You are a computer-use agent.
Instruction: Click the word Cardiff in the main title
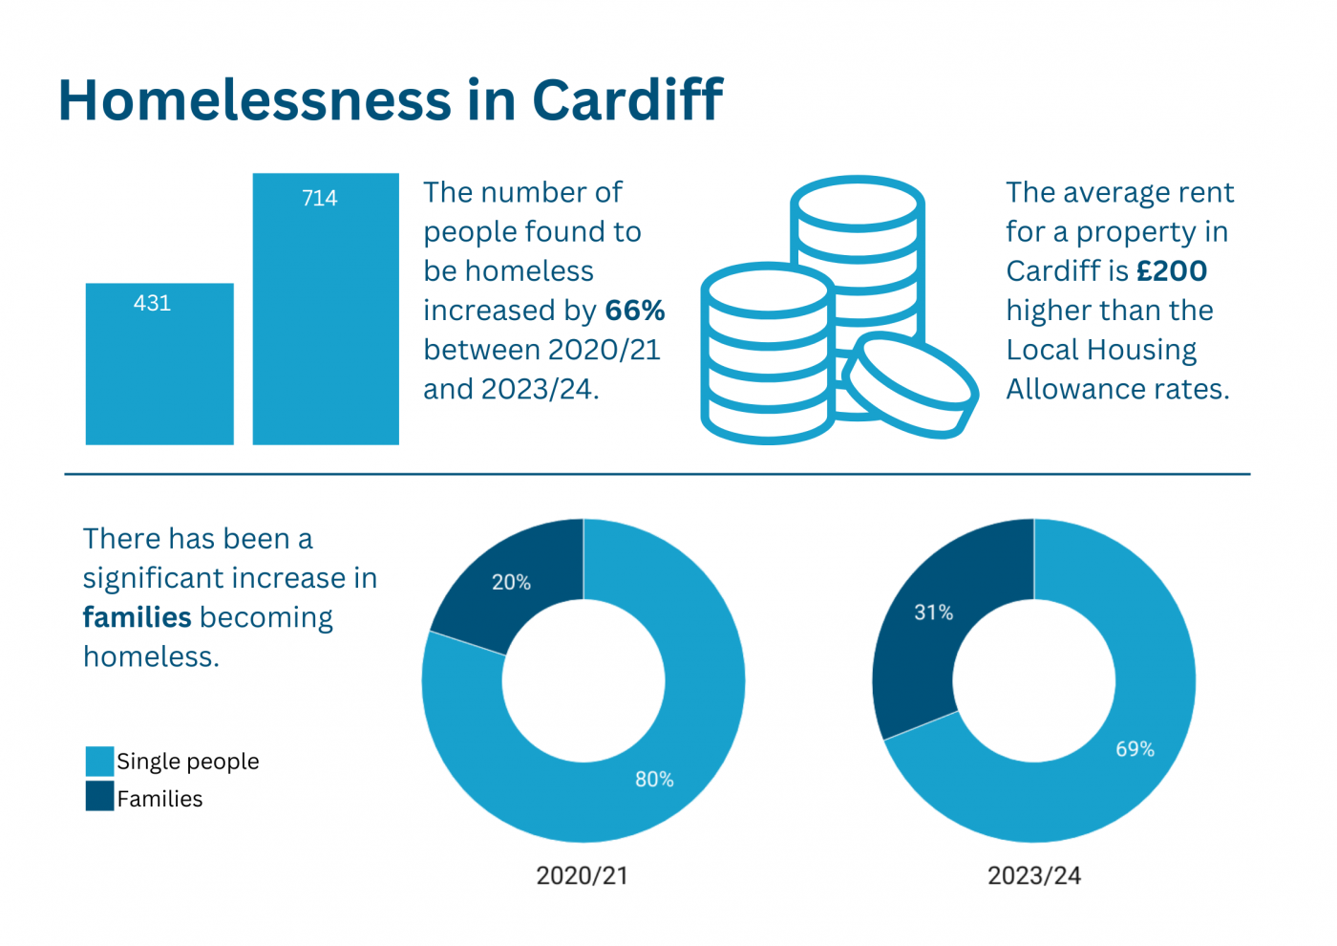[x=626, y=100]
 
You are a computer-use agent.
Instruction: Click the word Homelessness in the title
[x=254, y=100]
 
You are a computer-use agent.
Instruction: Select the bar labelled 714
[x=326, y=325]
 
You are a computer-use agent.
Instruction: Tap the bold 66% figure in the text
[x=634, y=311]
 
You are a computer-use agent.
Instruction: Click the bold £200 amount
[x=1171, y=271]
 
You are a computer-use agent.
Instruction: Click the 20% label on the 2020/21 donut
[x=511, y=582]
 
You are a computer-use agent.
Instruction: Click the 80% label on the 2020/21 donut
[x=654, y=780]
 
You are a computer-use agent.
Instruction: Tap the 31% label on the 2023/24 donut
[x=933, y=613]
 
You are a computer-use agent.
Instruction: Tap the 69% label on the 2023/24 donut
[x=1135, y=749]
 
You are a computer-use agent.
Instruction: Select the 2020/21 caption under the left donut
[x=582, y=875]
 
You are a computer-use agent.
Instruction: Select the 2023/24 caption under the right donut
[x=1033, y=875]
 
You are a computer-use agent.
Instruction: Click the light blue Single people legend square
[x=99, y=762]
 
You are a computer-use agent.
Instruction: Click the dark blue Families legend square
[x=99, y=796]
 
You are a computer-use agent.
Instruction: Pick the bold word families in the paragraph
[x=137, y=617]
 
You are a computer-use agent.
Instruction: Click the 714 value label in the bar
[x=319, y=199]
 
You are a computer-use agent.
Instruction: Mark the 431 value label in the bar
[x=152, y=304]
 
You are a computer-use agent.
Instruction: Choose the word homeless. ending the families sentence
[x=151, y=656]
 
